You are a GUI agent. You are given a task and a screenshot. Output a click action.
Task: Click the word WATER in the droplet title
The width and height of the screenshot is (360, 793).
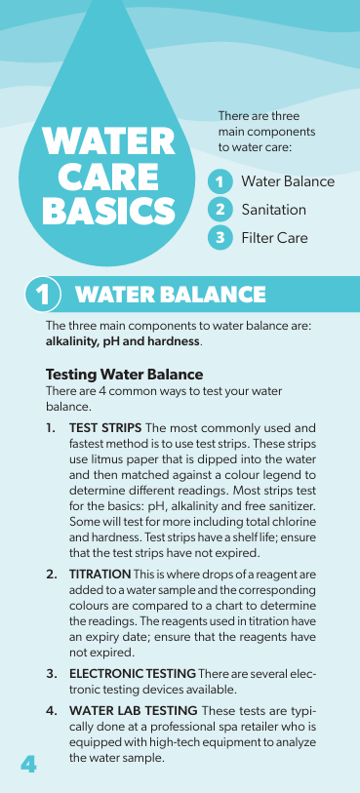click(x=108, y=140)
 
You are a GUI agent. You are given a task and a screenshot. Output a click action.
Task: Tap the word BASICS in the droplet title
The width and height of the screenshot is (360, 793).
click(x=108, y=211)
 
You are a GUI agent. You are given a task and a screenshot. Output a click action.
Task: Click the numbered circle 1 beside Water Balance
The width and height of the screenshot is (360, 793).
click(x=220, y=182)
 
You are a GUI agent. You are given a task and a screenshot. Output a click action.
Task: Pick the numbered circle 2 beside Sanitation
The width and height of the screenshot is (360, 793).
click(x=220, y=210)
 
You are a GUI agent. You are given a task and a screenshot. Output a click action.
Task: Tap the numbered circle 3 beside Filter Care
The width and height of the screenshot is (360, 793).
click(x=220, y=237)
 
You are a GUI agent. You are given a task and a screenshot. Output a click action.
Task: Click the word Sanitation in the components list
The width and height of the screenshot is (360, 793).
click(x=273, y=210)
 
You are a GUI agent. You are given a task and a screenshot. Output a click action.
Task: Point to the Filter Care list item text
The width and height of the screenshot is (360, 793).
click(x=274, y=237)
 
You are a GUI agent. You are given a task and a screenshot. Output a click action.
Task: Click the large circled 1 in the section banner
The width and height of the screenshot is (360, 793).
click(x=43, y=295)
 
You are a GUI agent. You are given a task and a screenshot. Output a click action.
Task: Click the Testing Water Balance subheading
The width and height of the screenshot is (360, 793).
click(x=124, y=375)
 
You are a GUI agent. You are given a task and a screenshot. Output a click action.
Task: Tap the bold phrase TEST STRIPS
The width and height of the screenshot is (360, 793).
click(x=105, y=428)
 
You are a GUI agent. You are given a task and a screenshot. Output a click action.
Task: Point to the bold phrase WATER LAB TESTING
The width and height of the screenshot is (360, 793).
click(x=134, y=710)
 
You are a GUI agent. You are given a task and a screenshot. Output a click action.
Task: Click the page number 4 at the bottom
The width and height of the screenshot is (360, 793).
click(x=28, y=764)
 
